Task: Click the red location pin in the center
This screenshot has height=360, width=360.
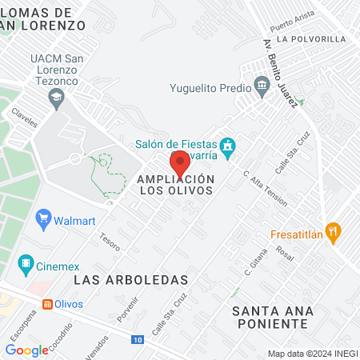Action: [x=180, y=162]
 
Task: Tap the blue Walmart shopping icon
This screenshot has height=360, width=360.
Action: [x=44, y=217]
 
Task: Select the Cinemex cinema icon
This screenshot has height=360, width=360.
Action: [x=26, y=262]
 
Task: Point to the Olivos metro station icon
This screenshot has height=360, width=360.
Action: [x=48, y=304]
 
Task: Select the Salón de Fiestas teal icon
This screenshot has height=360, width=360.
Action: [x=228, y=146]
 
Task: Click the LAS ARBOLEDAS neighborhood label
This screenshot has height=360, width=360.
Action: [x=130, y=280]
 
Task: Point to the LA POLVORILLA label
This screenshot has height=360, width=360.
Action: [x=311, y=38]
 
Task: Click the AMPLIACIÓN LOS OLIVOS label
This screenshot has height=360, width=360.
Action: [x=176, y=185]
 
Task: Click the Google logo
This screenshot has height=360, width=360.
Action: [x=27, y=350]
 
